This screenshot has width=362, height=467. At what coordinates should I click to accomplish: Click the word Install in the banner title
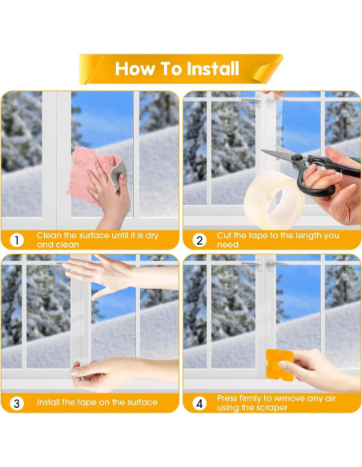[213, 69]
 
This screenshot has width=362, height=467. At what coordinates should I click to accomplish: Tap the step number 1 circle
[16, 240]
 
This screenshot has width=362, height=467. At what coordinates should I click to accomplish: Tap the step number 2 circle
[199, 240]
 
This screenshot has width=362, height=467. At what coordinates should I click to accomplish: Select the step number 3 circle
[16, 403]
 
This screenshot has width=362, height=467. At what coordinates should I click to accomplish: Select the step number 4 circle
[199, 403]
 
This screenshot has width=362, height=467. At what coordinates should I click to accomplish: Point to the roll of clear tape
[275, 200]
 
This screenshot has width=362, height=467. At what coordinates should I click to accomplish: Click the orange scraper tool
[280, 365]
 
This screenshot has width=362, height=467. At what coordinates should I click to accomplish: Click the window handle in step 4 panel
[253, 264]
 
